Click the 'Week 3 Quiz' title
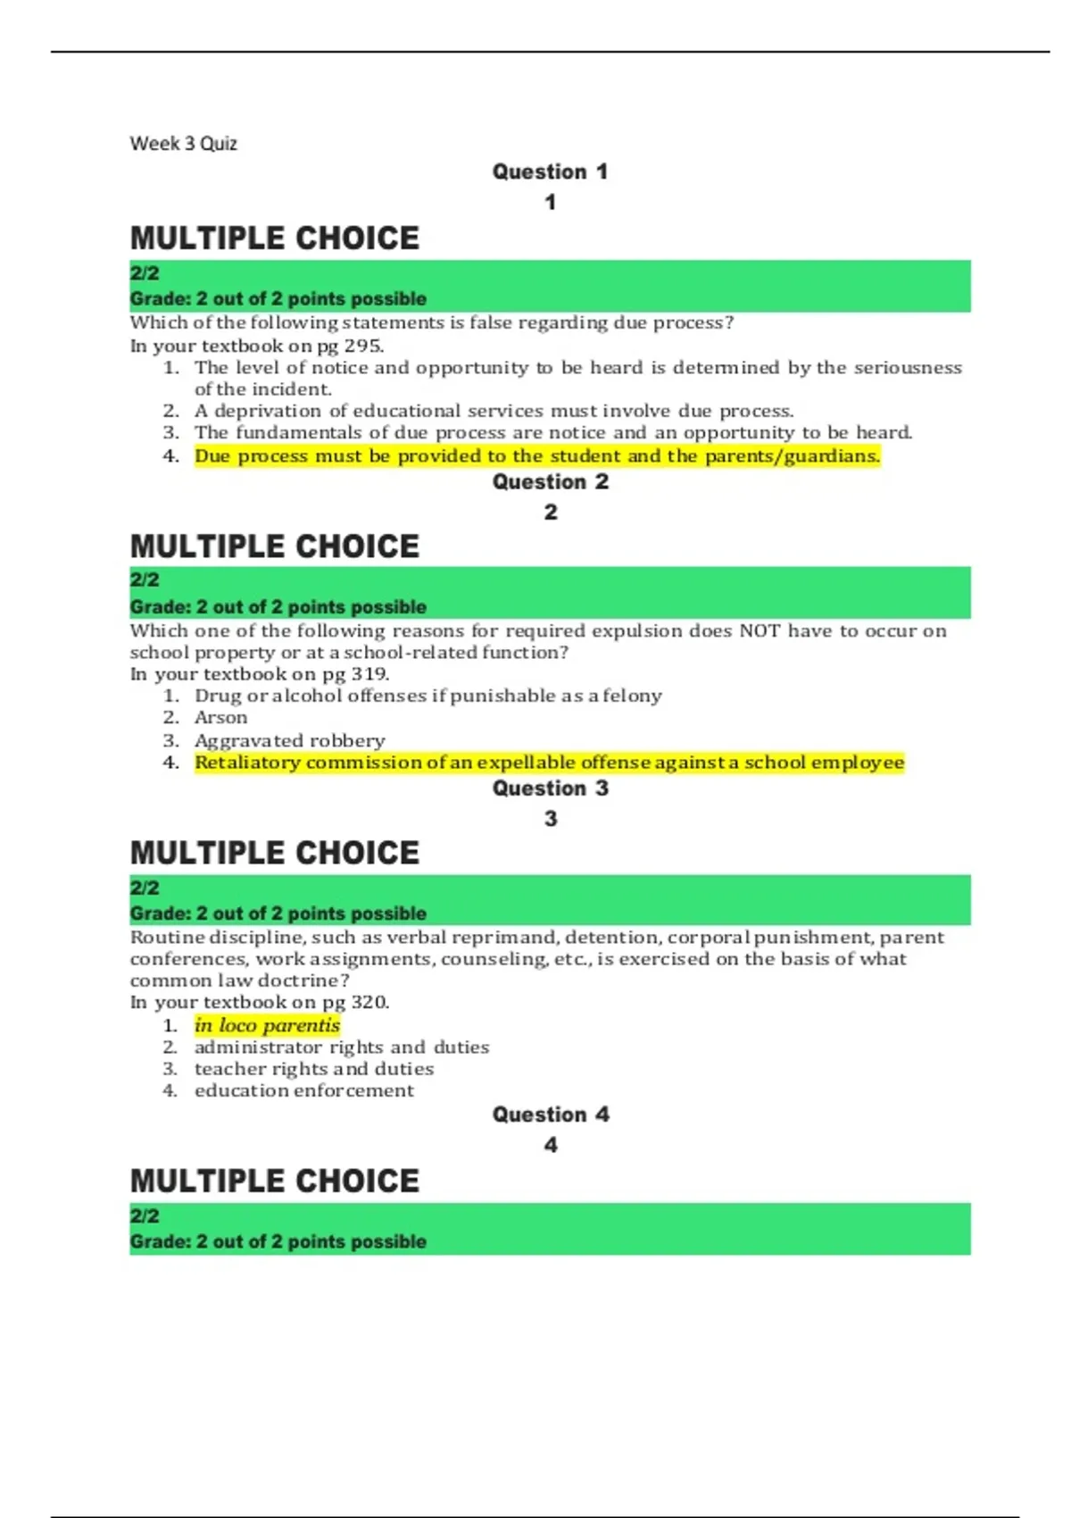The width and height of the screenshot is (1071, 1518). pos(183,144)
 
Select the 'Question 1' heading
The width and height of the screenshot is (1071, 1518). pos(550,171)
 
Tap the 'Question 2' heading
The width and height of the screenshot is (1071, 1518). pos(550,482)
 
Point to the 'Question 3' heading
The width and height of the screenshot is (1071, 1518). pos(550,788)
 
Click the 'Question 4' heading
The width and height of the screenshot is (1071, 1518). pos(550,1114)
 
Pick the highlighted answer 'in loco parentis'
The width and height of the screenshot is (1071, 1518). pos(267,1025)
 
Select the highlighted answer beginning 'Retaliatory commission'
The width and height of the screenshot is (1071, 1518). pos(549,763)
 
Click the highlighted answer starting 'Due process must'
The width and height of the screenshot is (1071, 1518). pos(536,456)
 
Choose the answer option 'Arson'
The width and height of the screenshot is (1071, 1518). pos(220,718)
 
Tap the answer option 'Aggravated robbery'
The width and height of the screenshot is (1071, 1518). pos(289,740)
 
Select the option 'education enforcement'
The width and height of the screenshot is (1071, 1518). pos(303,1090)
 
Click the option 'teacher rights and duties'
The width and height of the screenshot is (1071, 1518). pos(313,1069)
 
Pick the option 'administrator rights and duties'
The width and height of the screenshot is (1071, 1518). pos(341,1047)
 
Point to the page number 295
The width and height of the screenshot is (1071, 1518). pos(362,346)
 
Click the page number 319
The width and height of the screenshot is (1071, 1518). pos(369,674)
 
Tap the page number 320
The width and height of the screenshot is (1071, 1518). pos(369,1002)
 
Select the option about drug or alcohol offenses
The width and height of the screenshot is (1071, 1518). pos(428,696)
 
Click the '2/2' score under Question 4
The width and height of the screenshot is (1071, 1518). pos(145,1216)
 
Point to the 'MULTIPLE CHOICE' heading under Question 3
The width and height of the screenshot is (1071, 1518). pos(274,853)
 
